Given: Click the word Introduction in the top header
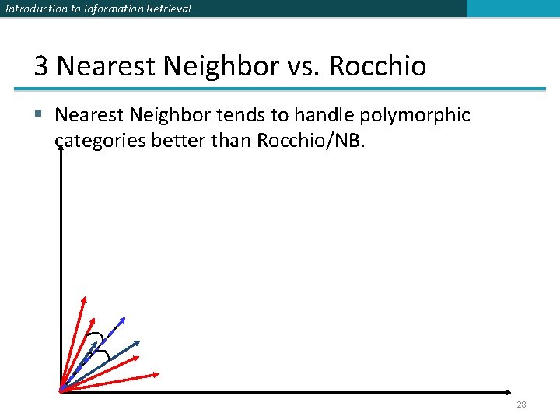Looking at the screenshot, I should (32, 9).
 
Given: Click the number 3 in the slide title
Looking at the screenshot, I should (41, 66).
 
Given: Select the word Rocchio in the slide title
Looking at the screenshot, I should (377, 66).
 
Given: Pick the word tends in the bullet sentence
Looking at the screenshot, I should (236, 115).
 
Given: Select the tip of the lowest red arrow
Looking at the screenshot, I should (158, 374).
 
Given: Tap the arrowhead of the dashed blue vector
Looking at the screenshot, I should (124, 319).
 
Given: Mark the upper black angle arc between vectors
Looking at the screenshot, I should (96, 337).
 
